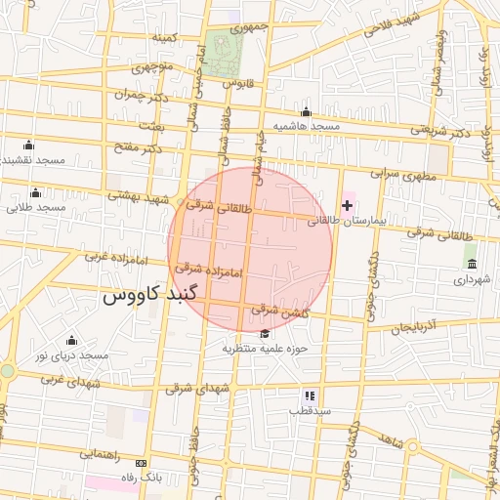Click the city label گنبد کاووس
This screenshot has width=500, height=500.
[150, 293]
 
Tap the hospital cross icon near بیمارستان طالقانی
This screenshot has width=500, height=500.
[347, 205]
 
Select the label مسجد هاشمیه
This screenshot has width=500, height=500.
[305, 127]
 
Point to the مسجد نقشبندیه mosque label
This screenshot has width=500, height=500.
[31, 159]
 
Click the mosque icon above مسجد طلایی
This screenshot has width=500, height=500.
[36, 191]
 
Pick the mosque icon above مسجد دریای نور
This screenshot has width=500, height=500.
[70, 340]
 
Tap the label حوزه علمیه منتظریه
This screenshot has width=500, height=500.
[265, 348]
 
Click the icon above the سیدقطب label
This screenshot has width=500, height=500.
[310, 396]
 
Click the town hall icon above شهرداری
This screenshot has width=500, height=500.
[472, 265]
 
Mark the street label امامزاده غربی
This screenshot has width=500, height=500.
[108, 257]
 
